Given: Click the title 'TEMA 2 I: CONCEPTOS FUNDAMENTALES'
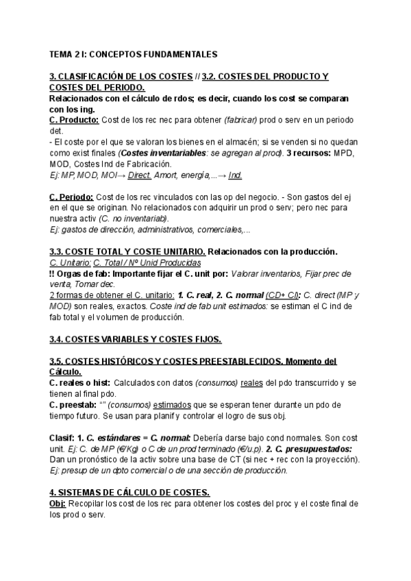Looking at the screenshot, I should point(134,53).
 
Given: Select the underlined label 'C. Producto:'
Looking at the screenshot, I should point(75,120).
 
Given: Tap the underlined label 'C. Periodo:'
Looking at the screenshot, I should point(72,197).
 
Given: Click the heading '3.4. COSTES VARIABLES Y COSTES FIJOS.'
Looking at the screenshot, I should point(136,339).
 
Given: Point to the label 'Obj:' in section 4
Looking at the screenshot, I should point(59,504).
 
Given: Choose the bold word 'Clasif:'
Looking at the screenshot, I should point(63,438).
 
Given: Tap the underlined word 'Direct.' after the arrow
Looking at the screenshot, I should point(140,175).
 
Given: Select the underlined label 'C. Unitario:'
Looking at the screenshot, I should point(70,262).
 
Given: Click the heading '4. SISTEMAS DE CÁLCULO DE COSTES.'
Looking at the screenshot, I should point(129,493).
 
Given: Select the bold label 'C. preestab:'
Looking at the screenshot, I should point(74,405).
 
